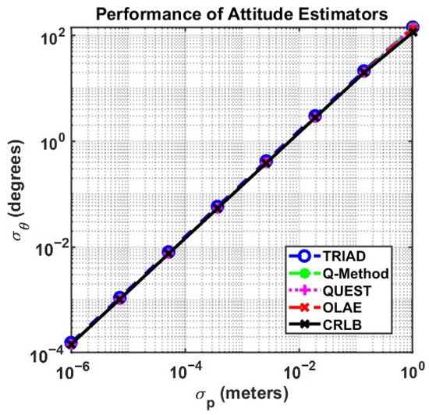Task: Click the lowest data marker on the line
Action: click(x=72, y=342)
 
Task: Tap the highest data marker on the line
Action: click(x=413, y=29)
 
